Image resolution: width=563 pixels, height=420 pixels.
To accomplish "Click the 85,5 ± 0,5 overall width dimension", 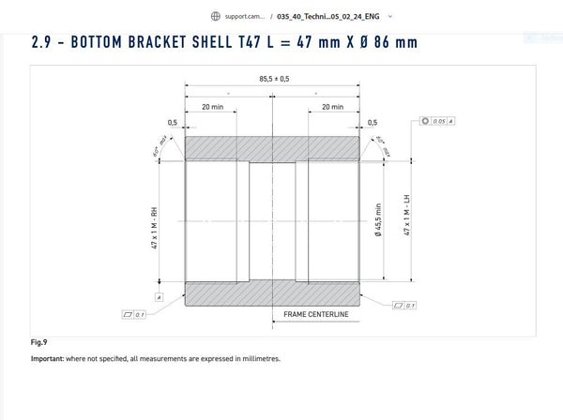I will [273, 79].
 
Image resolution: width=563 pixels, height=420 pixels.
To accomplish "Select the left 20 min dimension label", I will [211, 107].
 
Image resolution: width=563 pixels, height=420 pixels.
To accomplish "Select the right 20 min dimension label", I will [332, 107].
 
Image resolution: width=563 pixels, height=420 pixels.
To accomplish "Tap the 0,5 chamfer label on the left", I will [173, 123].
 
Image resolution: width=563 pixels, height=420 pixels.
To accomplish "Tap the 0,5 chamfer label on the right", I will [373, 123].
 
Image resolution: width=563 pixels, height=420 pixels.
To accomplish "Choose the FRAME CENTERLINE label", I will [315, 314].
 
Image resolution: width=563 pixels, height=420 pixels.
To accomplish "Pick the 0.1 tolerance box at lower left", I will [134, 314].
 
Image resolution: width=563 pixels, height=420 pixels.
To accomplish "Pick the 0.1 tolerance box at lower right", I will [406, 305].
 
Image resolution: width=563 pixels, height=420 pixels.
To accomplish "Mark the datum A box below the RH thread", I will [160, 296].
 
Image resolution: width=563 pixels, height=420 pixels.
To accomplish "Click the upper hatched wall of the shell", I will [272, 148].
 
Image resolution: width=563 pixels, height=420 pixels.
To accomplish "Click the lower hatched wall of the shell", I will [272, 292].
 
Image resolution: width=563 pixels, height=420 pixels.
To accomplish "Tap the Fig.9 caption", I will [38, 342].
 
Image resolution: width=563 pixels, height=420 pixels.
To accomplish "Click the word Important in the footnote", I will [49, 358].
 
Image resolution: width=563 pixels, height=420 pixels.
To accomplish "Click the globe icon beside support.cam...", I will [216, 16].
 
